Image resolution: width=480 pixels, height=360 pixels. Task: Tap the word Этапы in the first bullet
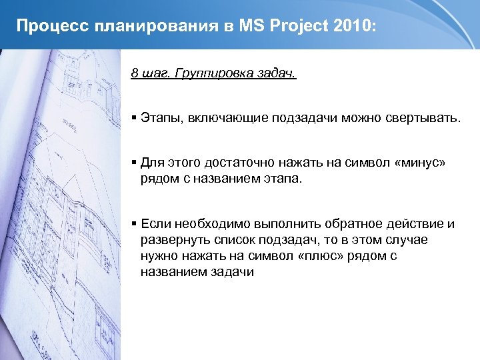click(158, 118)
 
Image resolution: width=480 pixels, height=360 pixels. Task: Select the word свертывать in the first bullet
click(421, 118)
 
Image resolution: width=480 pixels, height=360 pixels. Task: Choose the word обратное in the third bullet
click(354, 224)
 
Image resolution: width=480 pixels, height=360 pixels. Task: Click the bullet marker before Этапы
click(134, 118)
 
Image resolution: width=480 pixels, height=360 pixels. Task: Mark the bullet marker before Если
click(134, 224)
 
